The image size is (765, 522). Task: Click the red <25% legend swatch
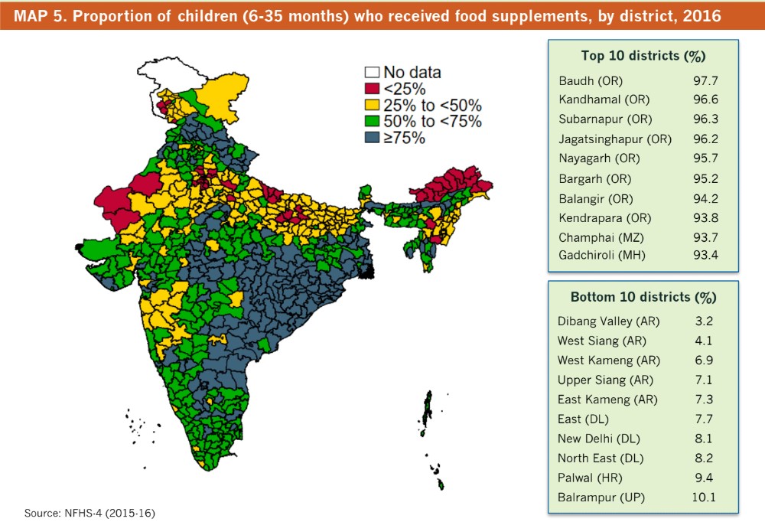(x=372, y=90)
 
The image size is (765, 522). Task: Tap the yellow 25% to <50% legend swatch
(x=372, y=106)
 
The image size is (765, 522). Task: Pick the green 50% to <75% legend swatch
(x=372, y=122)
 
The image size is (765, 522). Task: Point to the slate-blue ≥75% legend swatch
(x=372, y=138)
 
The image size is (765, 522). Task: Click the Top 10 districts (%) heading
(x=643, y=56)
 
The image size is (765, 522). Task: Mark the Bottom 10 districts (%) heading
(x=643, y=296)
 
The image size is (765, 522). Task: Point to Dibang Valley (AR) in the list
(x=609, y=321)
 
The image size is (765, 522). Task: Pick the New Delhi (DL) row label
(x=599, y=439)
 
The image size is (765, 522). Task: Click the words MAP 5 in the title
(x=35, y=15)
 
